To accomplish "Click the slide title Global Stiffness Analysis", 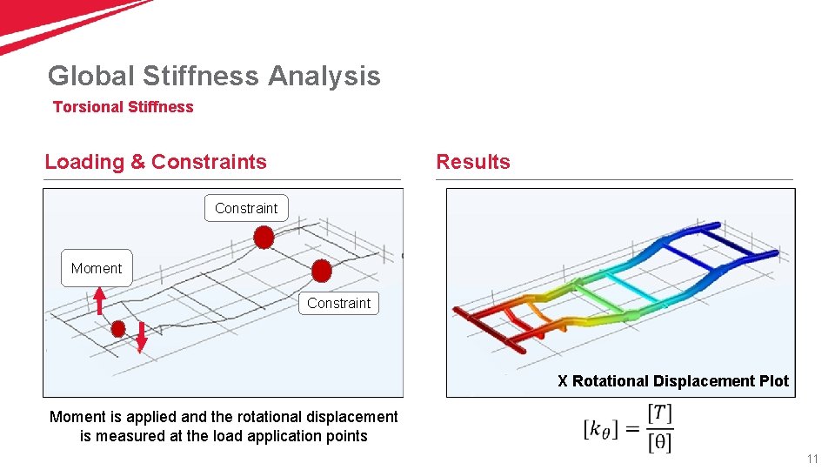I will point(214,76).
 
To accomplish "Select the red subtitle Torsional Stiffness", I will point(123,107).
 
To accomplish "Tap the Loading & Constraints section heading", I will point(156,162).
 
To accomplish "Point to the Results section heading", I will point(472,162).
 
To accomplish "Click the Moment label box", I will point(97,268).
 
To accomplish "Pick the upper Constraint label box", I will point(246,208).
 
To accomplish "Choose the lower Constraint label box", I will point(338,303).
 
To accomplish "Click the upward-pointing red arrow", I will point(100,300).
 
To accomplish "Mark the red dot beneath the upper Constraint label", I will point(264,237).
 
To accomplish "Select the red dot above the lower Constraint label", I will point(321,271).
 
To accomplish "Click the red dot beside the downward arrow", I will point(118,329).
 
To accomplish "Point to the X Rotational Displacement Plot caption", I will point(673,381).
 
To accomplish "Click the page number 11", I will point(812,459).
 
